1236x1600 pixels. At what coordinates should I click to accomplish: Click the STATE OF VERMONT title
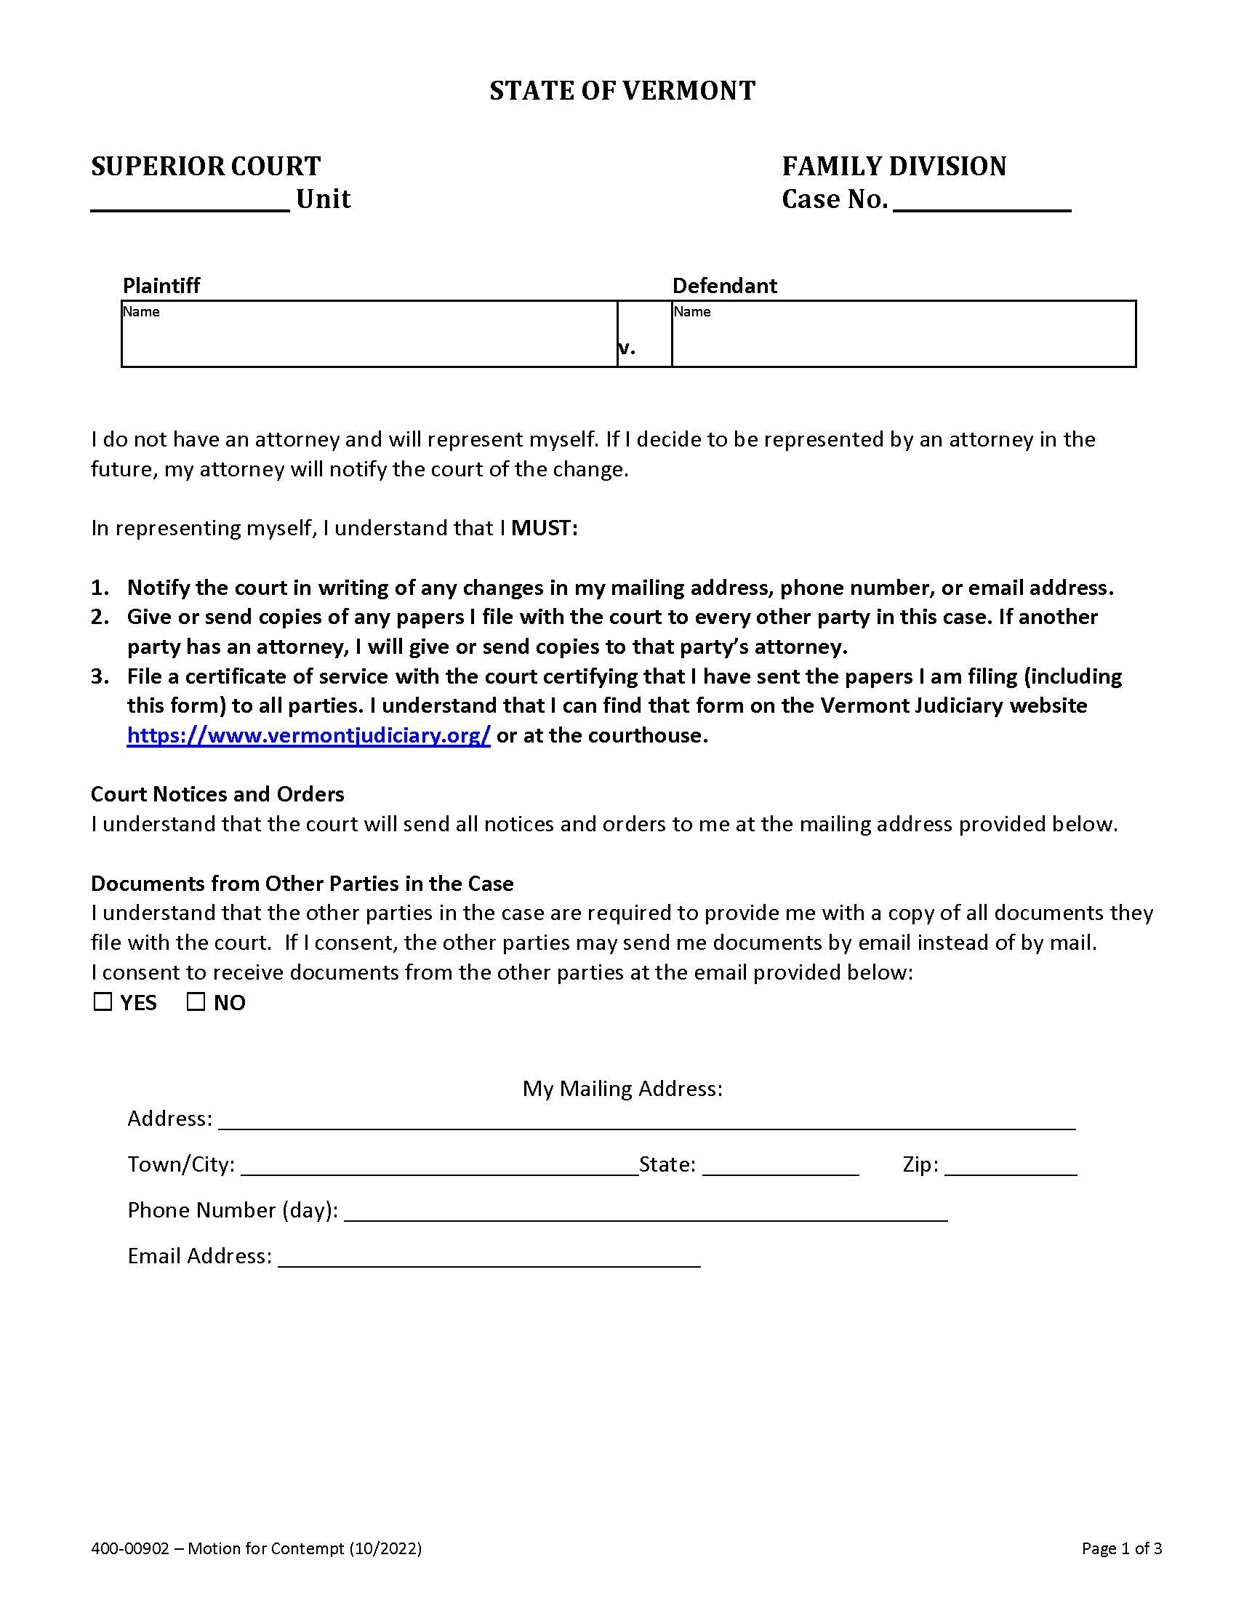pyautogui.click(x=622, y=90)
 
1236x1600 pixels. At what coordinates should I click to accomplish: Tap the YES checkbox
pyautogui.click(x=103, y=1001)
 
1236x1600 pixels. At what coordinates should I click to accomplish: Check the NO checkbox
pyautogui.click(x=196, y=1001)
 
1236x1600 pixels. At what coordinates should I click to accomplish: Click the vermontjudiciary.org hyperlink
pyautogui.click(x=308, y=735)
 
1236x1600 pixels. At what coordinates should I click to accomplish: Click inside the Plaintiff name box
pyautogui.click(x=369, y=338)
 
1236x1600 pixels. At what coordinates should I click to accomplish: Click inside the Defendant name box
pyautogui.click(x=904, y=338)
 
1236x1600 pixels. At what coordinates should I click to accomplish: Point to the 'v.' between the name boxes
pyautogui.click(x=627, y=348)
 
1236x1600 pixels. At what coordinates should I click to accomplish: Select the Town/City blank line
pyautogui.click(x=439, y=1166)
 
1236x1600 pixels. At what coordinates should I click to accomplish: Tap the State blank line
pyautogui.click(x=780, y=1166)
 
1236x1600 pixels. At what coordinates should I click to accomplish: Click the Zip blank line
pyautogui.click(x=1011, y=1166)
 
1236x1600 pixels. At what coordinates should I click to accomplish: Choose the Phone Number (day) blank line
pyautogui.click(x=646, y=1211)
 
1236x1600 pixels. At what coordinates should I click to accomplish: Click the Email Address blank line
pyautogui.click(x=489, y=1257)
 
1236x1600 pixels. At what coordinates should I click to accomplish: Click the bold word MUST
pyautogui.click(x=544, y=527)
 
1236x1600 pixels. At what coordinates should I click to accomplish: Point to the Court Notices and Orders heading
pyautogui.click(x=217, y=794)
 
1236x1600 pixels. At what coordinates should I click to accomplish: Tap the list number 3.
pyautogui.click(x=100, y=676)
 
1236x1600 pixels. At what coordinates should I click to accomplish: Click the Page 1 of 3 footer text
pyautogui.click(x=1122, y=1548)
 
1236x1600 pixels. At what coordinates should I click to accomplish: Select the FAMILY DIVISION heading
pyautogui.click(x=894, y=167)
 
